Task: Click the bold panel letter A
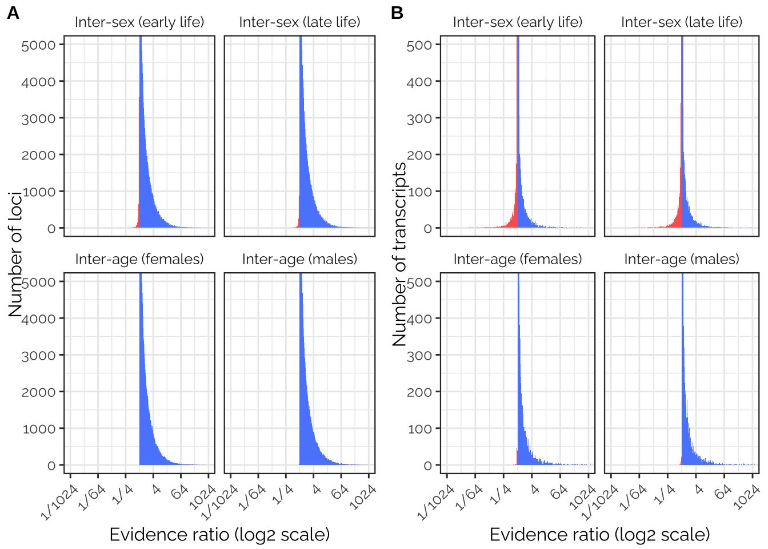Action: coord(13,13)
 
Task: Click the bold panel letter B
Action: coord(397,13)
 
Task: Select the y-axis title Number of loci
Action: coord(15,254)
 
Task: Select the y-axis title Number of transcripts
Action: coord(399,254)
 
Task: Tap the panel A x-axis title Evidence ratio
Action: coord(219,535)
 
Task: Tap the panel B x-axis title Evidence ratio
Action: coord(599,535)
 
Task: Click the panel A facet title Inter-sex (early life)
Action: coord(139,22)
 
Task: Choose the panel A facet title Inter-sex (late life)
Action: coord(299,22)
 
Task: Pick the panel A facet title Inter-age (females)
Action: coord(139,259)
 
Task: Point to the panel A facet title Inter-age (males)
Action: coord(299,259)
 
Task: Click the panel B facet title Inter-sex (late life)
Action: coord(681,22)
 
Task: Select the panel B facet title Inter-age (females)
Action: coord(518,259)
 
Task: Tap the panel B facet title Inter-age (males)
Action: coord(681,259)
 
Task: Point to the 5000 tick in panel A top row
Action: coord(39,45)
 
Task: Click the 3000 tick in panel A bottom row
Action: coord(39,356)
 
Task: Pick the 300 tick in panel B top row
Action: coord(419,119)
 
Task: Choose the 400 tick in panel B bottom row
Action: coord(419,319)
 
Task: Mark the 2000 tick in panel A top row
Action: coord(39,156)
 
